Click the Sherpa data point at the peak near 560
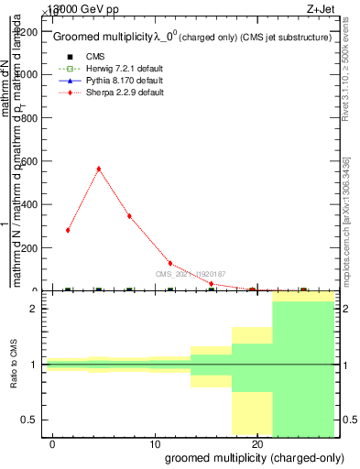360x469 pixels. tap(98, 169)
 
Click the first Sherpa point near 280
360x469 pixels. tap(68, 230)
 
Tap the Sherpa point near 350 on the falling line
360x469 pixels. tap(129, 216)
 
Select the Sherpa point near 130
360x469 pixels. tap(170, 263)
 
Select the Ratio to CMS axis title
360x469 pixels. tap(16, 365)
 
